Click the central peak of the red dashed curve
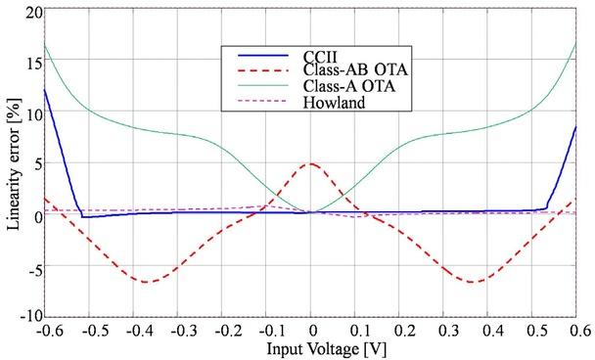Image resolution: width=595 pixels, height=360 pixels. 311,163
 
